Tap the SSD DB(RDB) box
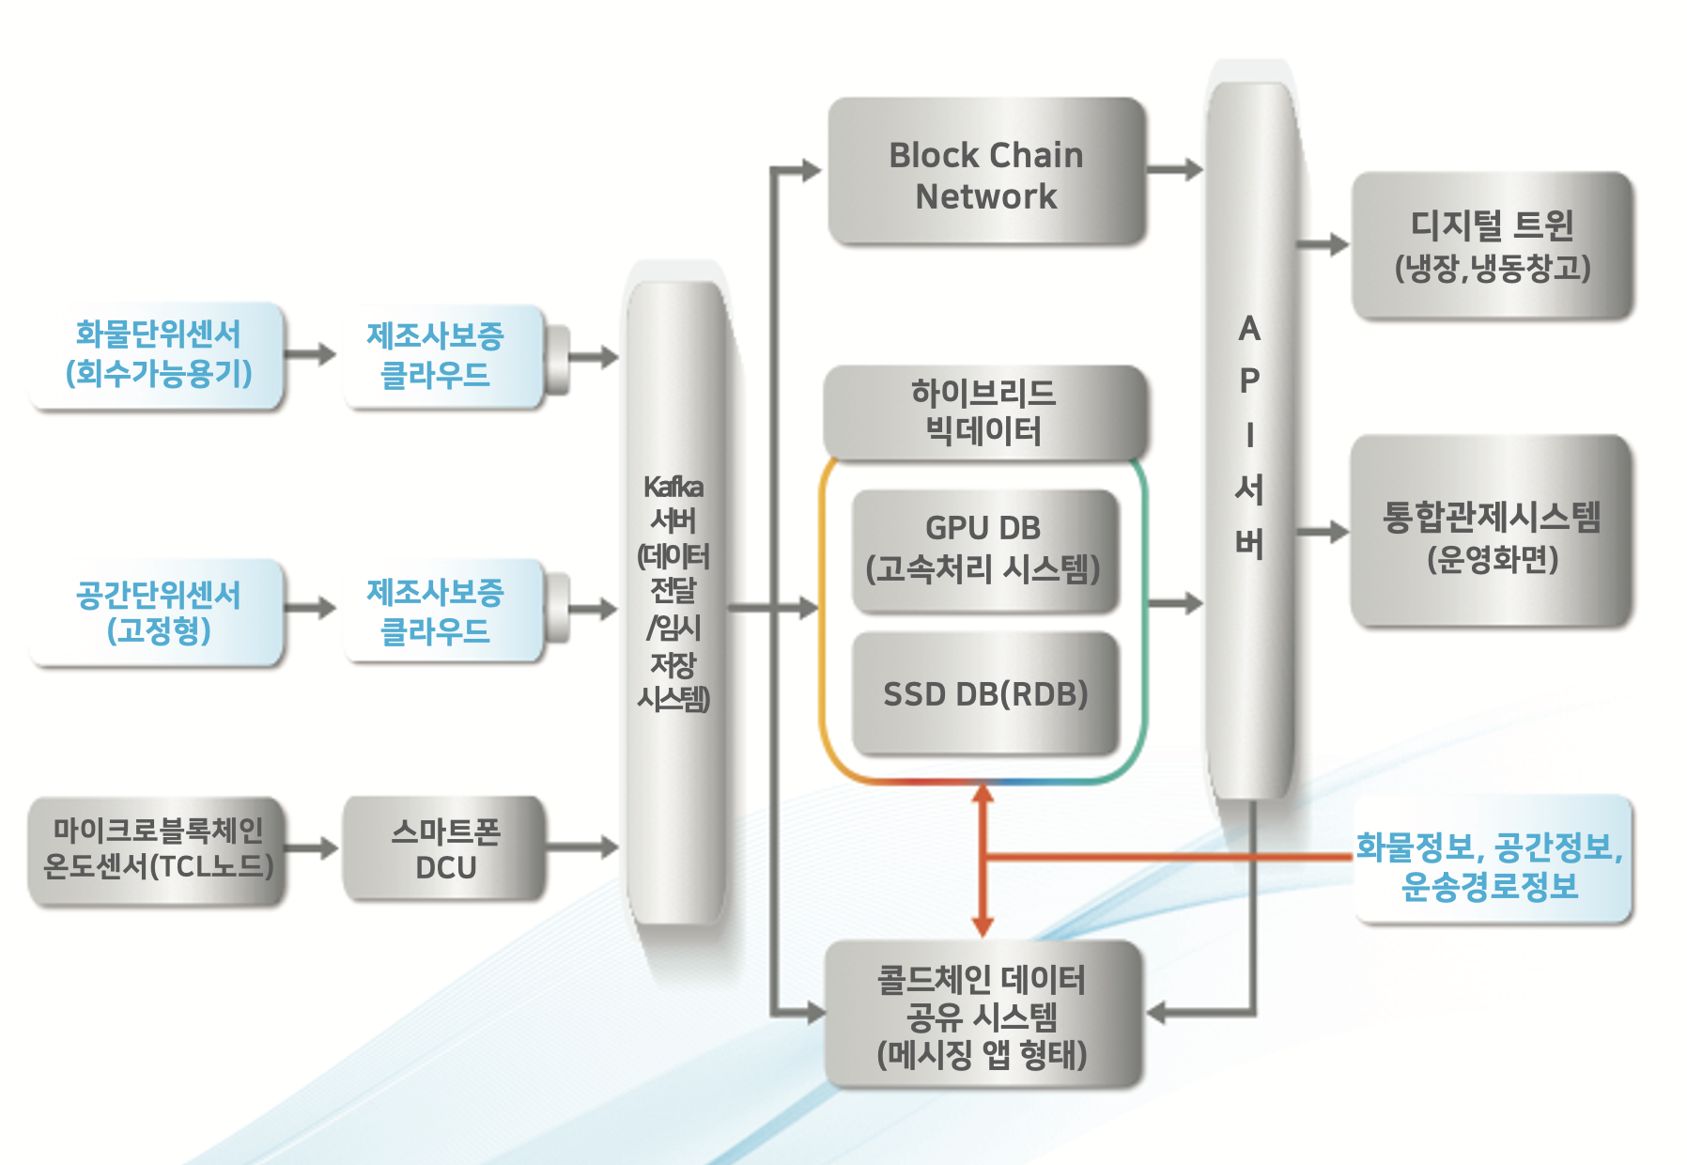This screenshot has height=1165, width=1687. coord(984,693)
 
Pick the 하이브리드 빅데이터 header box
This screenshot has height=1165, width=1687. coord(983,412)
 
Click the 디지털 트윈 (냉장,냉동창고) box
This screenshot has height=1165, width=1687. coord(1492,245)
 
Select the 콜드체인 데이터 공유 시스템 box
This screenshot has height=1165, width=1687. coord(982,1015)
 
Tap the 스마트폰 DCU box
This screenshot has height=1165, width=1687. coord(444,848)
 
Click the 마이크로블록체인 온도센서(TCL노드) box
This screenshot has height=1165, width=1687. coord(157,848)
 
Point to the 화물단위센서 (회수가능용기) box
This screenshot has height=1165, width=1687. coord(158,354)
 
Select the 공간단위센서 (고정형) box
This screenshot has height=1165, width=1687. coord(158,613)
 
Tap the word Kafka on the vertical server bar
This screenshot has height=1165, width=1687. coord(673,487)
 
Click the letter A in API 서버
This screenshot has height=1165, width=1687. coord(1248,329)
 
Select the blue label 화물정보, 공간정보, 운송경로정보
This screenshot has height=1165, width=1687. coord(1490,865)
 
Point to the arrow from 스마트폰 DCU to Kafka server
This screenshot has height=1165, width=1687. coord(581,847)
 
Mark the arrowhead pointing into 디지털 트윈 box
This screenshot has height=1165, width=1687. coord(1338,245)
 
